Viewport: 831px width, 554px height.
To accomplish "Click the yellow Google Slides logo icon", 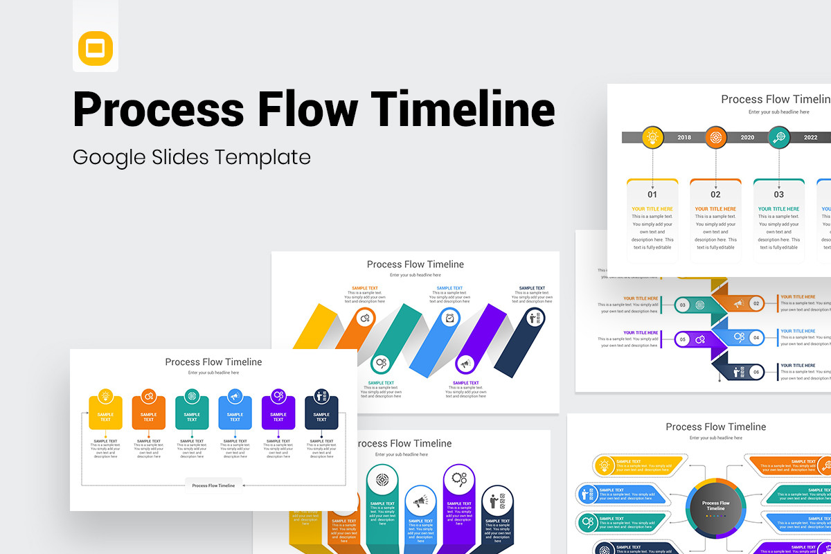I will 96,48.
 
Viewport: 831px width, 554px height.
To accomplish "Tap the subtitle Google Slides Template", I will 192,157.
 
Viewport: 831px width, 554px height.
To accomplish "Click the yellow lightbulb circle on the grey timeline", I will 652,137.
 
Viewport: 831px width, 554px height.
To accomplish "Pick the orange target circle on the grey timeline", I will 716,137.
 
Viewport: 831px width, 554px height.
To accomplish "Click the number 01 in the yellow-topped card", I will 652,195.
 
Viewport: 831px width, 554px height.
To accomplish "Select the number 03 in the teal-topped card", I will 779,195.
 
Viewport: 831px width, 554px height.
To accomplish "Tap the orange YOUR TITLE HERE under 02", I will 715,208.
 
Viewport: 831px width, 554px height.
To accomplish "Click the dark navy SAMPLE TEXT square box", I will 321,413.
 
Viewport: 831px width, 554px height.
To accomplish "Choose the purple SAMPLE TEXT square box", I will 278,413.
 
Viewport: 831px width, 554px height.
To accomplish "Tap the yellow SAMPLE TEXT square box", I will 105,413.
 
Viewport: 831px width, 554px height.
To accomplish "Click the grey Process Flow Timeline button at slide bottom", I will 213,485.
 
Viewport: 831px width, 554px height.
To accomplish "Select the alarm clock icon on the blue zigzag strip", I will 449,318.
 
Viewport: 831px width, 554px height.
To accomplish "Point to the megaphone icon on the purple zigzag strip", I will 465,363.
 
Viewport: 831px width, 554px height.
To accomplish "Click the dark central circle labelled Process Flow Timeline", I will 715,506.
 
